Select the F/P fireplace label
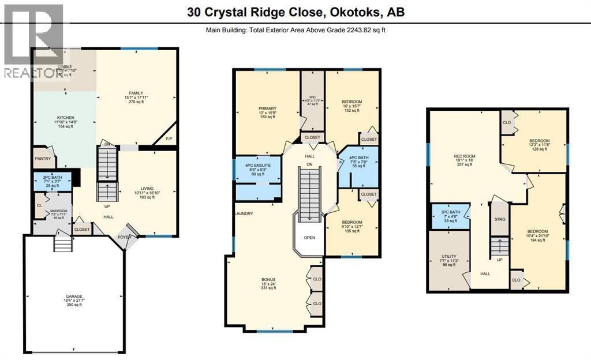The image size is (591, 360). click(x=169, y=139)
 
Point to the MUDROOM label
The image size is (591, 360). click(x=58, y=211)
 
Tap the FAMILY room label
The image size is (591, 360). click(x=136, y=93)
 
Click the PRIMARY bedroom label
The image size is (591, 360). click(x=267, y=108)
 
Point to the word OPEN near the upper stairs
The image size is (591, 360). click(x=310, y=237)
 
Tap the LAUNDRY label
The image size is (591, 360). click(x=244, y=213)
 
